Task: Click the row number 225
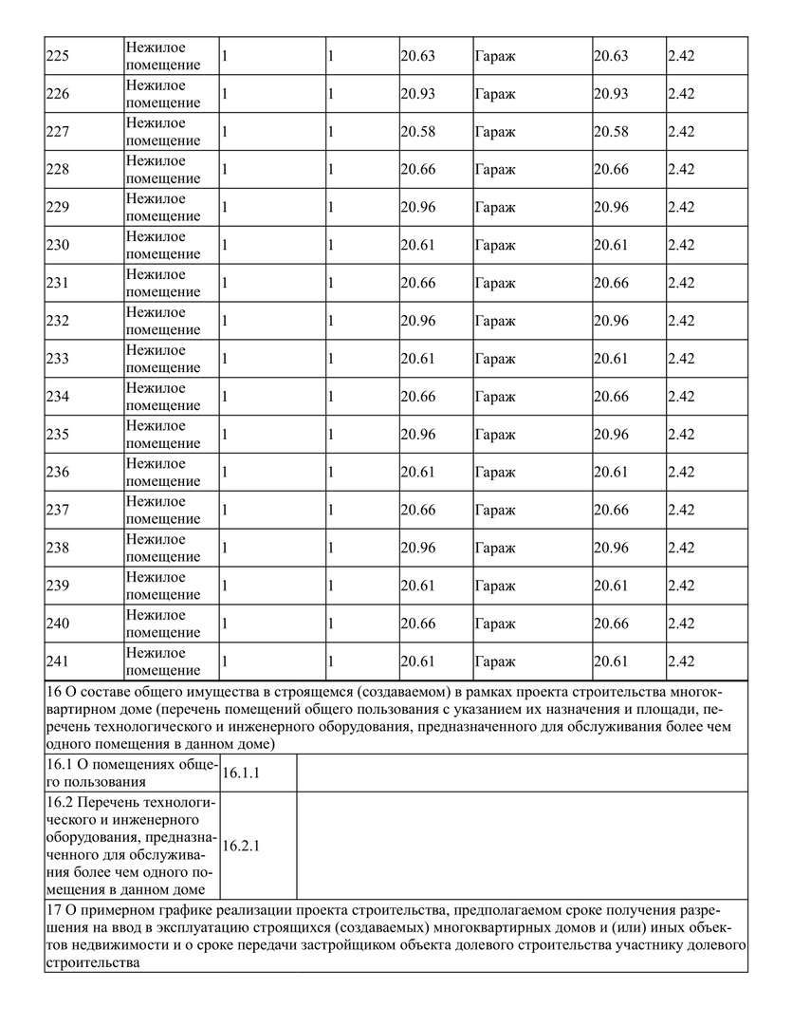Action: [58, 56]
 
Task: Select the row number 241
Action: [58, 662]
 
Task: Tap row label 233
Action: [58, 359]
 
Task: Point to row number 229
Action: [58, 207]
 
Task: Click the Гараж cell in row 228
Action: [495, 169]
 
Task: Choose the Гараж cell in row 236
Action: [495, 472]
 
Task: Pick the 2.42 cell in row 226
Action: [681, 94]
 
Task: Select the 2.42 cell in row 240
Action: [681, 624]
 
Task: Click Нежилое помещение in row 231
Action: [163, 283]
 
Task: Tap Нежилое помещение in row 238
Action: [163, 548]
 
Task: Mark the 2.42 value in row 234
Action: [681, 397]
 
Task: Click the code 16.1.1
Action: [241, 773]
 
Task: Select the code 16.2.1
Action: [241, 846]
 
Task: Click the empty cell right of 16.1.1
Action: [522, 773]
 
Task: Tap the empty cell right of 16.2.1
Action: [522, 846]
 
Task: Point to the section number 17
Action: [54, 910]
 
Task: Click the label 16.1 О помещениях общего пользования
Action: [132, 773]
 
